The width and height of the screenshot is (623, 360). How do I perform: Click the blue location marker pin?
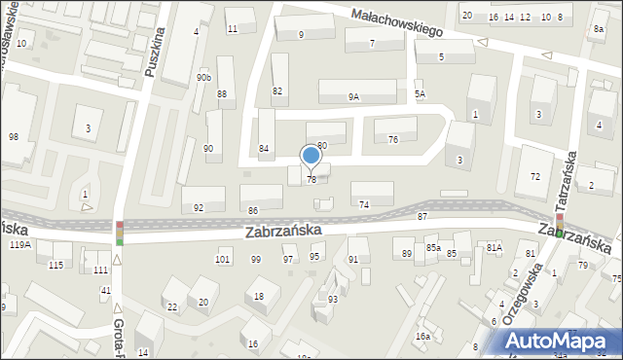click(311, 157)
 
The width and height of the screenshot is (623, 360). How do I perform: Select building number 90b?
click(202, 77)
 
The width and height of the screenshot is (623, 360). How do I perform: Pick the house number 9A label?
click(353, 96)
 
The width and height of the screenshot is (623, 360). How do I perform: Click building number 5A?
click(420, 93)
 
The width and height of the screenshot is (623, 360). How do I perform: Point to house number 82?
click(277, 90)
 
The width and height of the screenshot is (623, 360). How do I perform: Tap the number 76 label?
click(392, 139)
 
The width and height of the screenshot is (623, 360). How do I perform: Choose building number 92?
click(199, 207)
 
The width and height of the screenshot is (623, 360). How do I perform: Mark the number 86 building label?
click(253, 210)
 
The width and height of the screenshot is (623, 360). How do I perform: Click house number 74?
click(364, 204)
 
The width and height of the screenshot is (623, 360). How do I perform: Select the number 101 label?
click(223, 259)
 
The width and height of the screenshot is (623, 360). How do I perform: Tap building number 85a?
click(432, 249)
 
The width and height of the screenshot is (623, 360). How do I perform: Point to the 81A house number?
click(494, 248)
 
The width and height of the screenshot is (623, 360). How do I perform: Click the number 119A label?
click(19, 245)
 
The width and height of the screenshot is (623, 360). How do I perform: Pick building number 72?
click(534, 176)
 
